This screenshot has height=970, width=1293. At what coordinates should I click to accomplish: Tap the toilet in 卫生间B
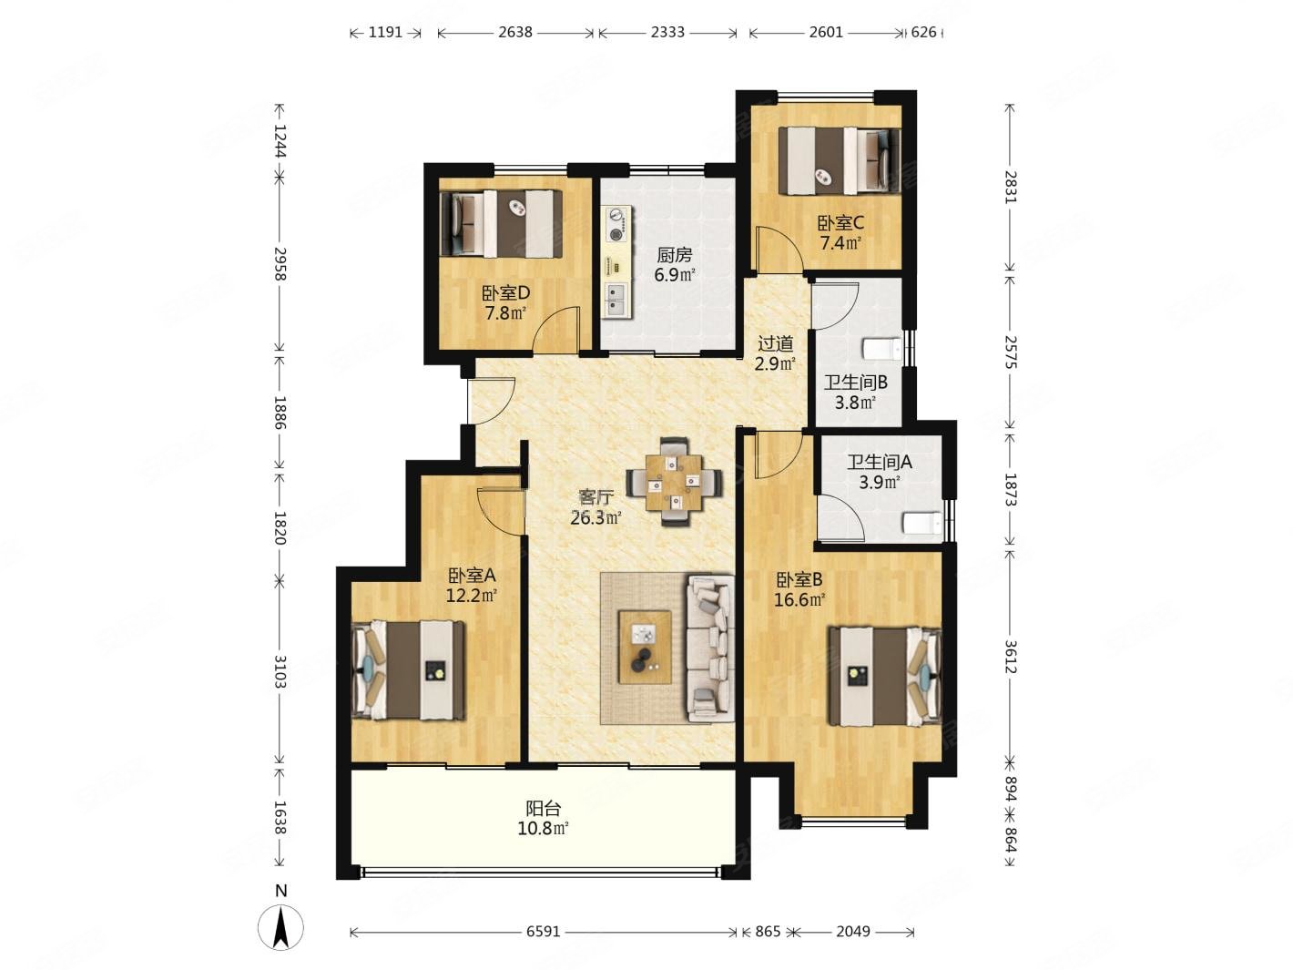click(881, 349)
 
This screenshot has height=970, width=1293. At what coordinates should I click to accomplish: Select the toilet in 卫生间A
click(921, 524)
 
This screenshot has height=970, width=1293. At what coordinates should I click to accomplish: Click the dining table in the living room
click(673, 482)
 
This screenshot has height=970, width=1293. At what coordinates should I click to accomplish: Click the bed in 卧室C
click(839, 161)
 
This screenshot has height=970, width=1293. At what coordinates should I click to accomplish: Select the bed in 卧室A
click(408, 671)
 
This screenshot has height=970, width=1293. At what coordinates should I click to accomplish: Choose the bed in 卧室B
click(884, 677)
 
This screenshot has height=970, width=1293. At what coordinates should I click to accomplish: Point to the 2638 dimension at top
click(514, 32)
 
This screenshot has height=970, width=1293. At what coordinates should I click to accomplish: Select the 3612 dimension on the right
click(1010, 656)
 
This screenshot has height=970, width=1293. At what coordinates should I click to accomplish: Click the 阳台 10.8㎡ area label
click(543, 818)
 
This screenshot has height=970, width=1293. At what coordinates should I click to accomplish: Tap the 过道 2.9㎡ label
click(775, 353)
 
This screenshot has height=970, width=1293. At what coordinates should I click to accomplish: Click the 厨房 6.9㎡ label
click(675, 264)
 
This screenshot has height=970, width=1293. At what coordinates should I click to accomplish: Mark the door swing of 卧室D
click(556, 330)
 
